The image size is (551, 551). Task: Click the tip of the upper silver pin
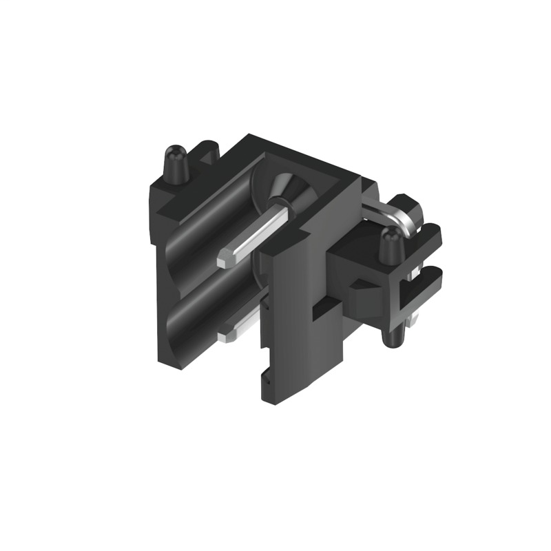(225, 260)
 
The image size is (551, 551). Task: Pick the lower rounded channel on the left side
(200, 310)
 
